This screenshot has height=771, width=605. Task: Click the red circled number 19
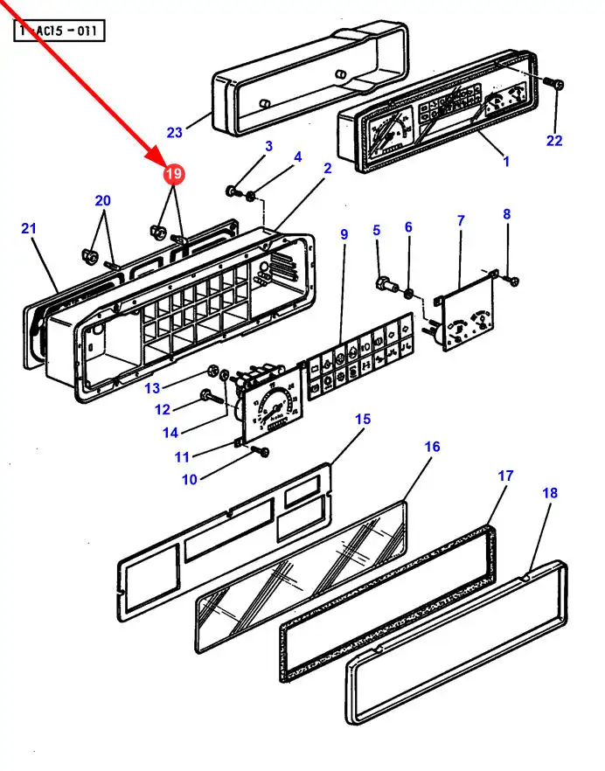click(x=174, y=174)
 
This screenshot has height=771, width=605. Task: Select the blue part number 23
click(x=175, y=132)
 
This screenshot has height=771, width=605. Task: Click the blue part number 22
click(x=553, y=141)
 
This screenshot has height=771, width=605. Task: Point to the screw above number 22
click(x=557, y=85)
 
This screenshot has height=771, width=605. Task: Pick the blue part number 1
click(x=506, y=161)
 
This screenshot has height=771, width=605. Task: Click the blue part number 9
click(x=344, y=234)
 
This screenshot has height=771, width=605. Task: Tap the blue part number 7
click(x=461, y=221)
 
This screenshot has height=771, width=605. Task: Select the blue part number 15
click(x=363, y=420)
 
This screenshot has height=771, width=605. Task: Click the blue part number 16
click(x=432, y=447)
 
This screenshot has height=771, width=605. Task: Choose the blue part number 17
click(x=505, y=476)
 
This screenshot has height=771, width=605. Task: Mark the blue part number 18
click(x=550, y=492)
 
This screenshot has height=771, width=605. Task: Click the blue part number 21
click(x=29, y=228)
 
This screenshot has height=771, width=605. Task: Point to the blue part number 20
click(x=103, y=201)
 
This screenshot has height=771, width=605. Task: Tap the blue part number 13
click(x=152, y=388)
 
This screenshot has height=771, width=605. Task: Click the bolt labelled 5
click(x=387, y=284)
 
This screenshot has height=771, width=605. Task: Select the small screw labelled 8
click(x=513, y=281)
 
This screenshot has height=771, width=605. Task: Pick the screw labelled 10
click(x=261, y=451)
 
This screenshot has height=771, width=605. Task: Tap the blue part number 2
click(x=328, y=168)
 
